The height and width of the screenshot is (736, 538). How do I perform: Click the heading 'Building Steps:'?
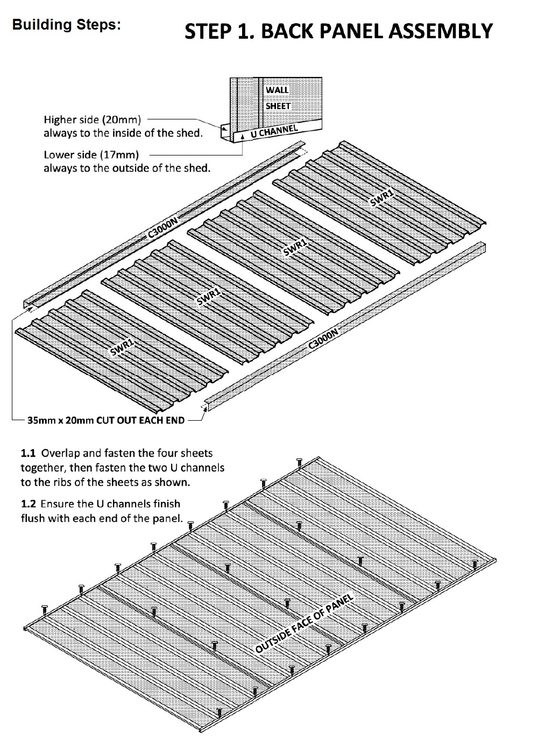66,25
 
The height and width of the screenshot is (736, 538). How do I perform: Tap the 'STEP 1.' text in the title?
213,32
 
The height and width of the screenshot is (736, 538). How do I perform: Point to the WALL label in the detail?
277,90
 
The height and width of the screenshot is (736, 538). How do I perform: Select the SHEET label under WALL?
278,106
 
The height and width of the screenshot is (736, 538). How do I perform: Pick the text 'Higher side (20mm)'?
92,119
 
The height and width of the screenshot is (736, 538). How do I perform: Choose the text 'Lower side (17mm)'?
91,155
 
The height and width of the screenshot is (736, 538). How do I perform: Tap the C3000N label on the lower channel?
323,340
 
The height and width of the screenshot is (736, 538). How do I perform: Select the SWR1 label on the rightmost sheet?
381,198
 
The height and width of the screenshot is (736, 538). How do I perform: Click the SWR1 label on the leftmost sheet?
122,348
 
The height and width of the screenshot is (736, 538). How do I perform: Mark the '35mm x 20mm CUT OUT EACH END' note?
105,420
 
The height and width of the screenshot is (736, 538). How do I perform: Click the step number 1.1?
28,453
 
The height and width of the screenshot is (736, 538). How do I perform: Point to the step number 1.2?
28,504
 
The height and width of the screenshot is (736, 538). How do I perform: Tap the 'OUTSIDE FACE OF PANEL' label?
304,624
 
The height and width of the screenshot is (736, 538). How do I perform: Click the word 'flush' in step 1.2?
33,519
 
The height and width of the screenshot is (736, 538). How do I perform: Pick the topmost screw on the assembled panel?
300,461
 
